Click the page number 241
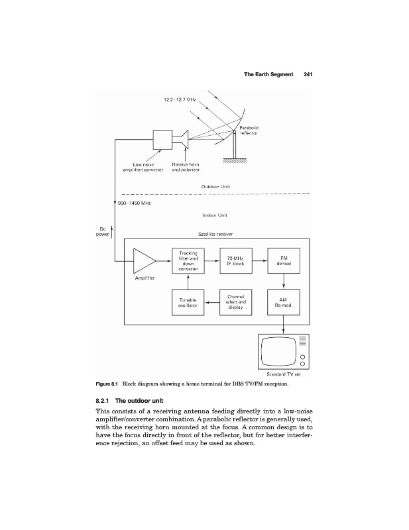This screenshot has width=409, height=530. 308,74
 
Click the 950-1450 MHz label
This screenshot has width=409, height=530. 135,203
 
